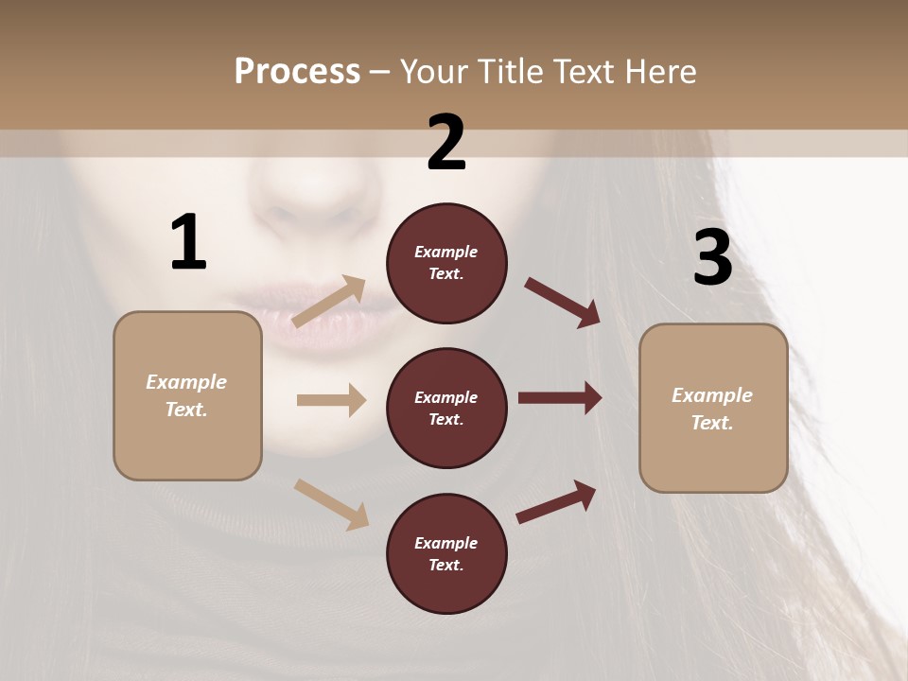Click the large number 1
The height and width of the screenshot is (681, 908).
[188, 242]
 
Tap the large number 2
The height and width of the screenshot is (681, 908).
[446, 143]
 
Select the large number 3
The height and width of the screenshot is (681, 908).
[712, 257]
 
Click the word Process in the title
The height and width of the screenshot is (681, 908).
[297, 71]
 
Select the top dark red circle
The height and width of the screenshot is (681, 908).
[446, 263]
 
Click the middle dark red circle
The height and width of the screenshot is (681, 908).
[446, 409]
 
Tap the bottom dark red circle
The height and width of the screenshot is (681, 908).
[446, 554]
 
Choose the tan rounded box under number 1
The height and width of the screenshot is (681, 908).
[187, 395]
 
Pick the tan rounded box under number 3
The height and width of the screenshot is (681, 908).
[713, 409]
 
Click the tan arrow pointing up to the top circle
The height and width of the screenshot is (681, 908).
[329, 302]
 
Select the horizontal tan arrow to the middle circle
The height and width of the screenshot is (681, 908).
[331, 400]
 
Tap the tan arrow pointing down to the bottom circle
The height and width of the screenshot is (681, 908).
[331, 504]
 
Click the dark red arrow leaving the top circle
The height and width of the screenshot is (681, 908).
[563, 303]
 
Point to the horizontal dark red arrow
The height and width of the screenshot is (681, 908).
[560, 398]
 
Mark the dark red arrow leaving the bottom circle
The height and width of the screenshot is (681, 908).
[556, 502]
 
